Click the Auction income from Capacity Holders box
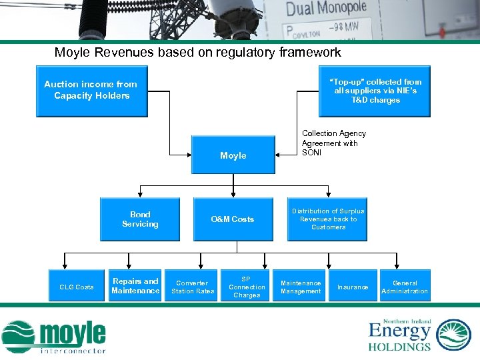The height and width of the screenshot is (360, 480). tap(91, 91)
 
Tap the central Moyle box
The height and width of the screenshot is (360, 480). tap(233, 155)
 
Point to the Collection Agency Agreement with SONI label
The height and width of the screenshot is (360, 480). tap(334, 143)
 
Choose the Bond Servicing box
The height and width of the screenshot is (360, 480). tap(140, 219)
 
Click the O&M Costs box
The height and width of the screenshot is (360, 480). tap(233, 219)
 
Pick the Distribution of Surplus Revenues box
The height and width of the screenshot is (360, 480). tap(328, 219)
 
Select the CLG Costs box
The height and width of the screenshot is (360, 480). tap(77, 287)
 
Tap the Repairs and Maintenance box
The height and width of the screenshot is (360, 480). tap(135, 286)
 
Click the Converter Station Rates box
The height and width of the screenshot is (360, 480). tap(193, 287)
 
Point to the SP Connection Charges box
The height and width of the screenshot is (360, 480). tap(247, 287)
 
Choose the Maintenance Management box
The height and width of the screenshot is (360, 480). tap(301, 287)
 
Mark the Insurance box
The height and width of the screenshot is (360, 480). tap(353, 287)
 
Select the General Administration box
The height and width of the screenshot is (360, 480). tap(405, 287)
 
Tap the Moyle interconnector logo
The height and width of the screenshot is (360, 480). tap(55, 336)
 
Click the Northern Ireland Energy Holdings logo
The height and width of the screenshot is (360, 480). tap(419, 335)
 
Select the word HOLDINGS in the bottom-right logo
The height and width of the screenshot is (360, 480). tap(399, 346)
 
